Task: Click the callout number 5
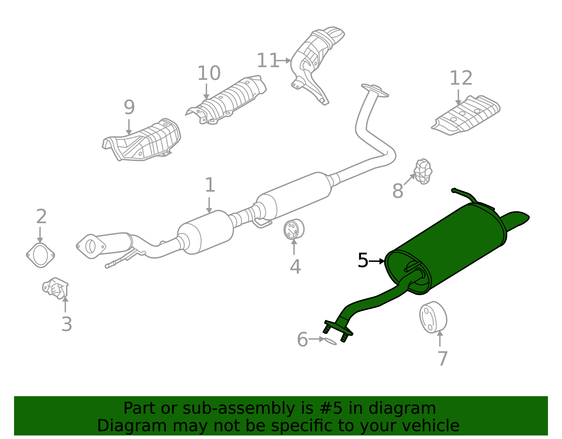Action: click(362, 260)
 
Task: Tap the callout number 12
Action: click(461, 78)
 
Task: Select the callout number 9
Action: click(129, 107)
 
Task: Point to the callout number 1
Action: click(210, 185)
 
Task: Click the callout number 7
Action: click(443, 359)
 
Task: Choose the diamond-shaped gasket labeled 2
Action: click(40, 255)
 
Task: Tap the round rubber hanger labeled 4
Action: click(294, 229)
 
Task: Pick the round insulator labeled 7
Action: click(433, 317)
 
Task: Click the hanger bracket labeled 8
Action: click(423, 172)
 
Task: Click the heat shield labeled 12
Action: click(465, 115)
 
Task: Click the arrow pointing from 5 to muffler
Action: click(377, 261)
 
